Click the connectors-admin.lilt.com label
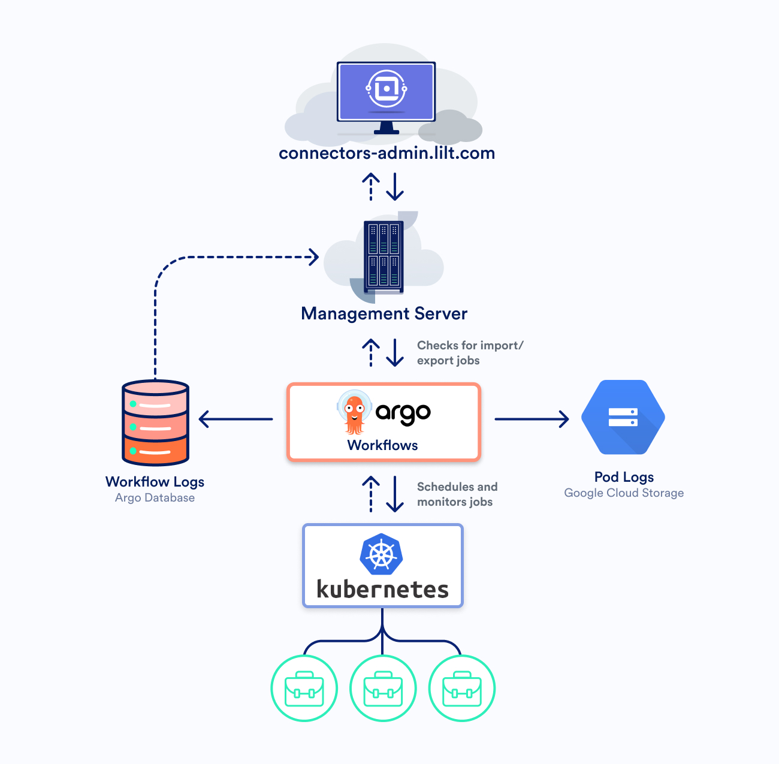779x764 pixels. (387, 153)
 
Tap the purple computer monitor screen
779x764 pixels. (387, 92)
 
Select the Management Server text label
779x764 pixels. (384, 313)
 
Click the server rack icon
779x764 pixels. (384, 256)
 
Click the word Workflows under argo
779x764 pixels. (382, 445)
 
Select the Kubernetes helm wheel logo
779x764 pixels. (381, 554)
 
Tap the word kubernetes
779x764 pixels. (382, 590)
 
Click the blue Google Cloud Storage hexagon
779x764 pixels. (623, 417)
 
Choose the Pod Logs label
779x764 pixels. (624, 477)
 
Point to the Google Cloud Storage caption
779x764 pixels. (624, 493)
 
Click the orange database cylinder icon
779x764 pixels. (156, 422)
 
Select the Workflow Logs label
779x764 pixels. (155, 482)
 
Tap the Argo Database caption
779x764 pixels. (155, 498)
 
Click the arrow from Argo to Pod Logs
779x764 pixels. (532, 419)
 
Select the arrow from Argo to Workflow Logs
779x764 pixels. (235, 419)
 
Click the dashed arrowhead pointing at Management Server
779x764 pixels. (313, 257)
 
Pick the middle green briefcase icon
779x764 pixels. (383, 689)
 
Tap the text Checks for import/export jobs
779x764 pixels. (470, 353)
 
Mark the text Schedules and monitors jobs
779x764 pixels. (457, 494)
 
